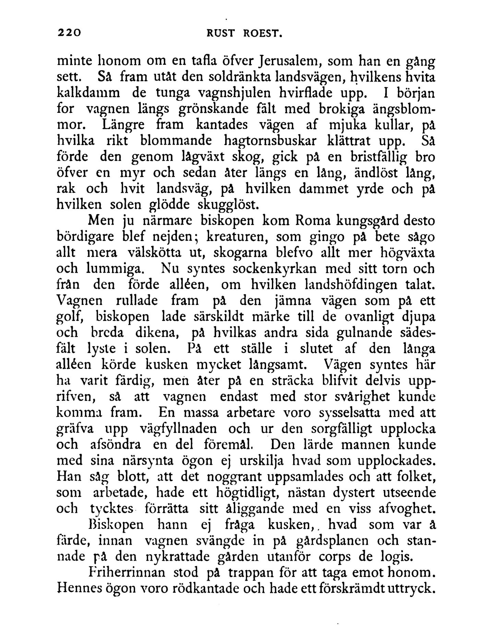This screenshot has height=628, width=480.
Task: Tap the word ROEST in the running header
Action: pyautogui.click(x=263, y=33)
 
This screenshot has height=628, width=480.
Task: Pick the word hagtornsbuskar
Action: pyautogui.click(x=267, y=141)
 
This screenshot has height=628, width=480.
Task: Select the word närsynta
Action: pyautogui.click(x=148, y=461)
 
